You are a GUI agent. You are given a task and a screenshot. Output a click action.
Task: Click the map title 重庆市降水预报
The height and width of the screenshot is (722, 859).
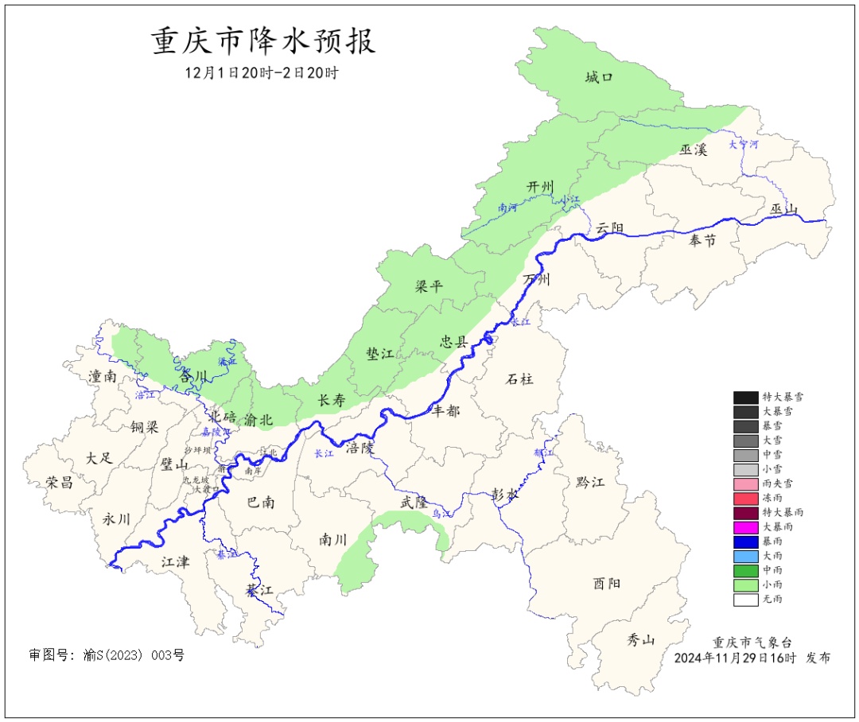[263, 41]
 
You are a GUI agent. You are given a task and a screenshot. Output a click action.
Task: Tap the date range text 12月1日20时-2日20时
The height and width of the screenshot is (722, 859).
[262, 72]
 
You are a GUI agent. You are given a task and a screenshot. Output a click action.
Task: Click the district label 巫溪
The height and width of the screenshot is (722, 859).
[693, 149]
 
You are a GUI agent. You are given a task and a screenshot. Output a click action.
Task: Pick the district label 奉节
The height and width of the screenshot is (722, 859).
[702, 241]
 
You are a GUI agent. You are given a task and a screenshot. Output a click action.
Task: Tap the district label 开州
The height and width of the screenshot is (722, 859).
[540, 186]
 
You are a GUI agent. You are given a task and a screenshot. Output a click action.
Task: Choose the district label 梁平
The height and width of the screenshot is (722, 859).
[429, 286]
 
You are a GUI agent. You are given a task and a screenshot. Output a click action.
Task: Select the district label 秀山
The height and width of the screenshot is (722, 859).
[640, 639]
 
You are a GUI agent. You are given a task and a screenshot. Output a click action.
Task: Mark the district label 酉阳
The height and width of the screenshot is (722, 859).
[607, 584]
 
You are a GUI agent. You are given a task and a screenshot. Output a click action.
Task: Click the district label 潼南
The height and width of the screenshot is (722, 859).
[103, 376]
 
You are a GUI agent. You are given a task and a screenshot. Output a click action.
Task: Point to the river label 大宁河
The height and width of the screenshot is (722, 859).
[744, 145]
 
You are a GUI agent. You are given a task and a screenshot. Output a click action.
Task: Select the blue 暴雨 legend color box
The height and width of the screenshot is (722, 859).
[745, 541]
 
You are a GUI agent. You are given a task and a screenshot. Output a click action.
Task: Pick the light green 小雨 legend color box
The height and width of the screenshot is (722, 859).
[745, 585]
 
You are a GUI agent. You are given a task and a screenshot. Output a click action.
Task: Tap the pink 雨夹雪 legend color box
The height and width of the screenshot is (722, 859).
[745, 483]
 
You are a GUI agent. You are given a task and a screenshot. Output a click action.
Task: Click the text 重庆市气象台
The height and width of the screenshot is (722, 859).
[752, 642]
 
